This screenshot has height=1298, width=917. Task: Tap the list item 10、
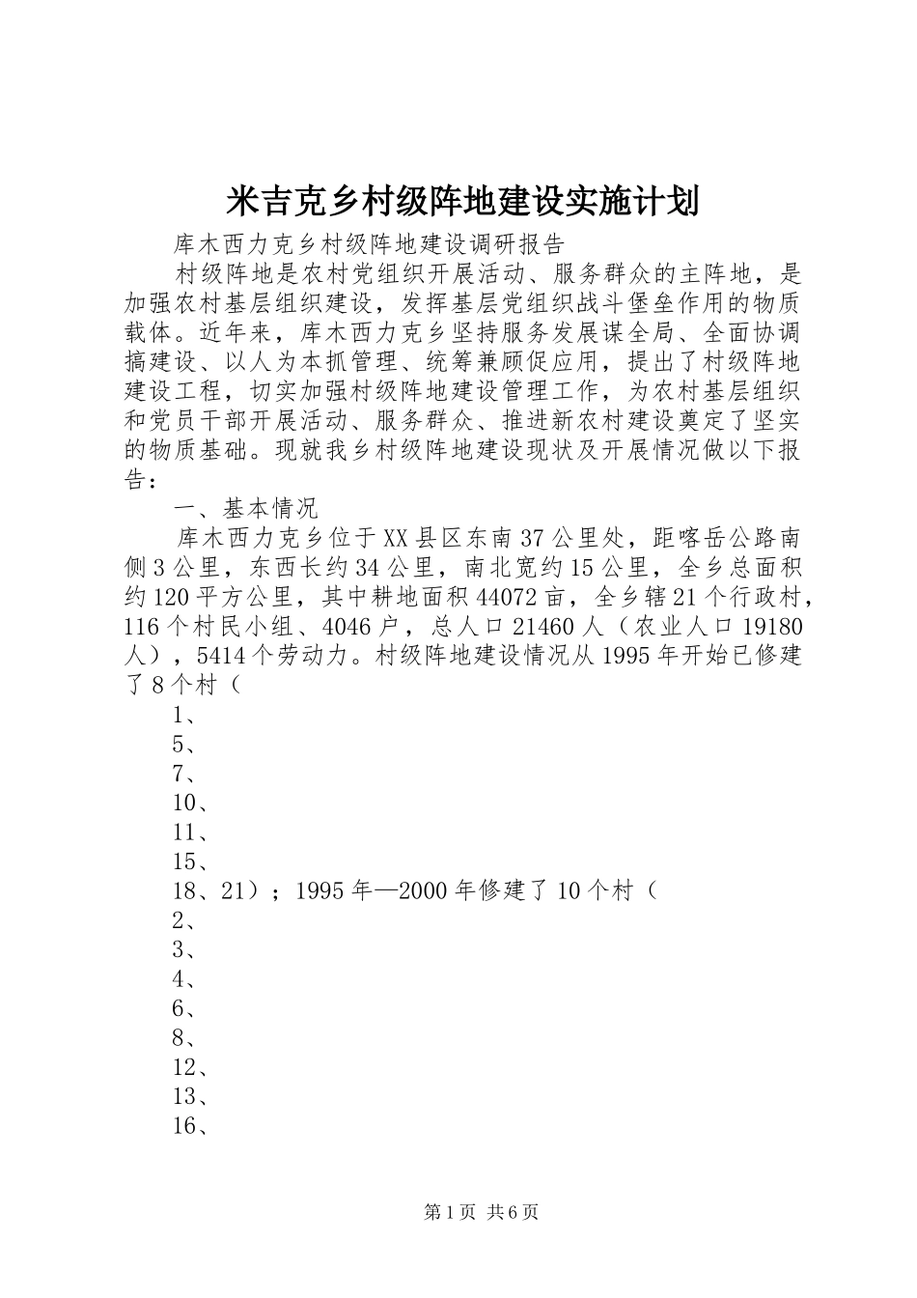click(190, 803)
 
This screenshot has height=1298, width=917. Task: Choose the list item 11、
click(190, 832)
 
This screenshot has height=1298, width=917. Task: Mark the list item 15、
click(190, 861)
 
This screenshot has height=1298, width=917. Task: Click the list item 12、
click(190, 1067)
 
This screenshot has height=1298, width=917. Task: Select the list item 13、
click(190, 1096)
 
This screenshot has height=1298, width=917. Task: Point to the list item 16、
click(190, 1126)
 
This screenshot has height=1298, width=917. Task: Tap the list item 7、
click(184, 774)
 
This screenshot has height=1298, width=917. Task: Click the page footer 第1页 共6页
click(481, 1212)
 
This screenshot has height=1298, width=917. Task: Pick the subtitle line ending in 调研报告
click(368, 241)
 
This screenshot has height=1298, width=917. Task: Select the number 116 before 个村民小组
click(144, 626)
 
